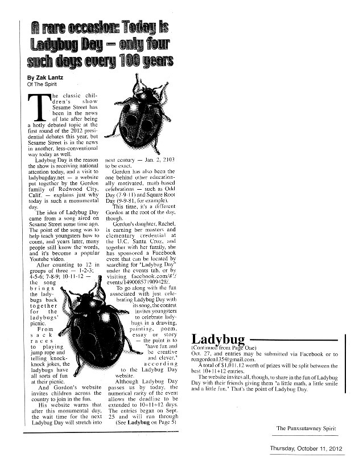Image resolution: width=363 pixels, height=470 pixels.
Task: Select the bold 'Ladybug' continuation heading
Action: click(218, 338)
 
